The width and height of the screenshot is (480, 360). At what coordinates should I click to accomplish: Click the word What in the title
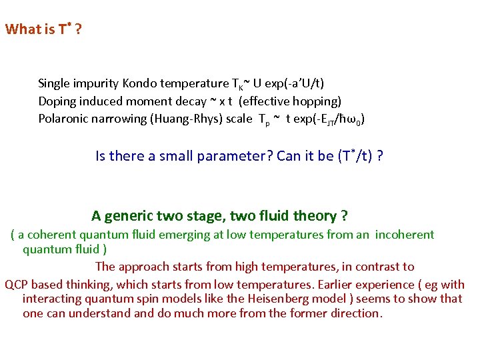[21, 30]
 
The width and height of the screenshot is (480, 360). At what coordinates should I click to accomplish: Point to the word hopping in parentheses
[317, 101]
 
